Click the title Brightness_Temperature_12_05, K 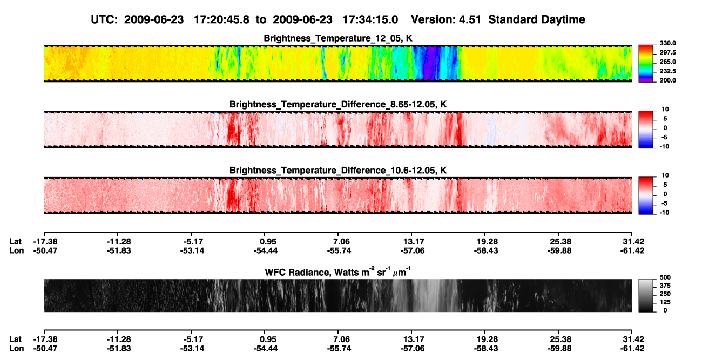point(338,38)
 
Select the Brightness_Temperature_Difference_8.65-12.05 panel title point(338,104)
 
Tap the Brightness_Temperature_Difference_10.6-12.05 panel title point(338,171)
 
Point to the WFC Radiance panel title point(338,272)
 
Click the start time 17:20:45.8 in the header point(221,20)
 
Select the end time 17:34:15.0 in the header point(370,20)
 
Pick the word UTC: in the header point(104,20)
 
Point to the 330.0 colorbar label point(667,43)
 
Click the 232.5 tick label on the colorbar point(667,71)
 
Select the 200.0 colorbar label point(667,80)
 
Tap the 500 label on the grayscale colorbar point(665,277)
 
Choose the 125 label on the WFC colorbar point(665,302)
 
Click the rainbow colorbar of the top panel point(646,64)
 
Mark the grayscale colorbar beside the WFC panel point(646,295)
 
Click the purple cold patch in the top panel point(431,63)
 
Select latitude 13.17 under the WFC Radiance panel point(413,339)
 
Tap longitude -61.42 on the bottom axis point(632,349)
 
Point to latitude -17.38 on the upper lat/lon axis point(45,242)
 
